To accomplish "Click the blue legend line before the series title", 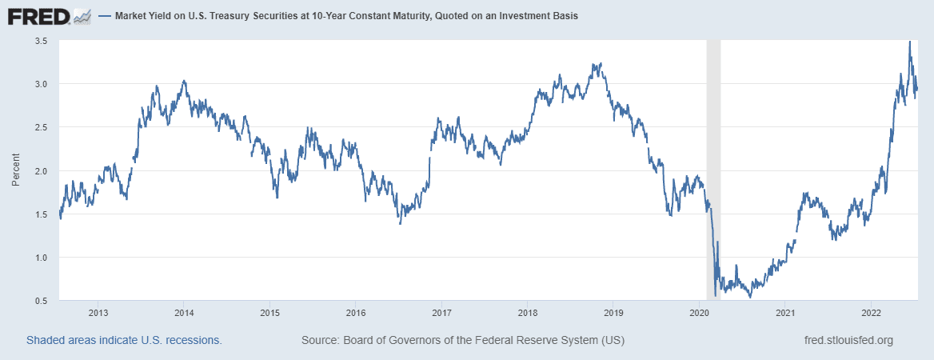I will point(103,16).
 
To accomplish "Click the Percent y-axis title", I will point(15,170).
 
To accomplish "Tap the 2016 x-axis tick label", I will point(356,313).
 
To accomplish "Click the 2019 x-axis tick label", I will point(613,313).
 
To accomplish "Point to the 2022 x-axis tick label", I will point(871,313).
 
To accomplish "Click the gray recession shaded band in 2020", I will point(713,160).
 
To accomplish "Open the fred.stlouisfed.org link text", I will point(848,340).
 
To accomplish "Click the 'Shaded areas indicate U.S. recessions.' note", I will point(124,340).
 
